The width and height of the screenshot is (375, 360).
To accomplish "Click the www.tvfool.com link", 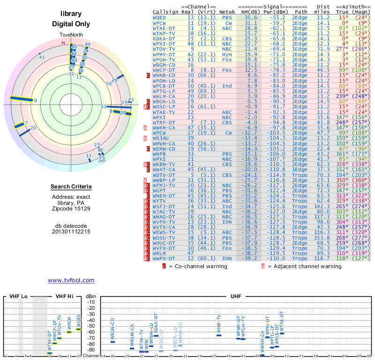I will coord(71,280).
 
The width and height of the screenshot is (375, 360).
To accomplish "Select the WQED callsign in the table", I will coord(159,17).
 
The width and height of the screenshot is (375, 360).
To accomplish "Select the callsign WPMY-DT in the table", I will coord(164,54).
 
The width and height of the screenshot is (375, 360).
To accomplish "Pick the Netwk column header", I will coord(228,12).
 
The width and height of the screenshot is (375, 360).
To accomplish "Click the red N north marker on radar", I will coord(63,43).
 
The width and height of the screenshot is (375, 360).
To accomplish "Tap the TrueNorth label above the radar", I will coord(71,36).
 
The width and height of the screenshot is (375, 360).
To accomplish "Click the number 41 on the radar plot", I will coord(42,57).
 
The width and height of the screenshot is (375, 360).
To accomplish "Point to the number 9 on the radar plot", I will coord(36,100).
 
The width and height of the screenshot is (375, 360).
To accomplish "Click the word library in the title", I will coord(71,14).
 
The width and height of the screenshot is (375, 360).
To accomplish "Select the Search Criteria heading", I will coord(71,187).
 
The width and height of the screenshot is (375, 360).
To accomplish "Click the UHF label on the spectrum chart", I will coord(236,296).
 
